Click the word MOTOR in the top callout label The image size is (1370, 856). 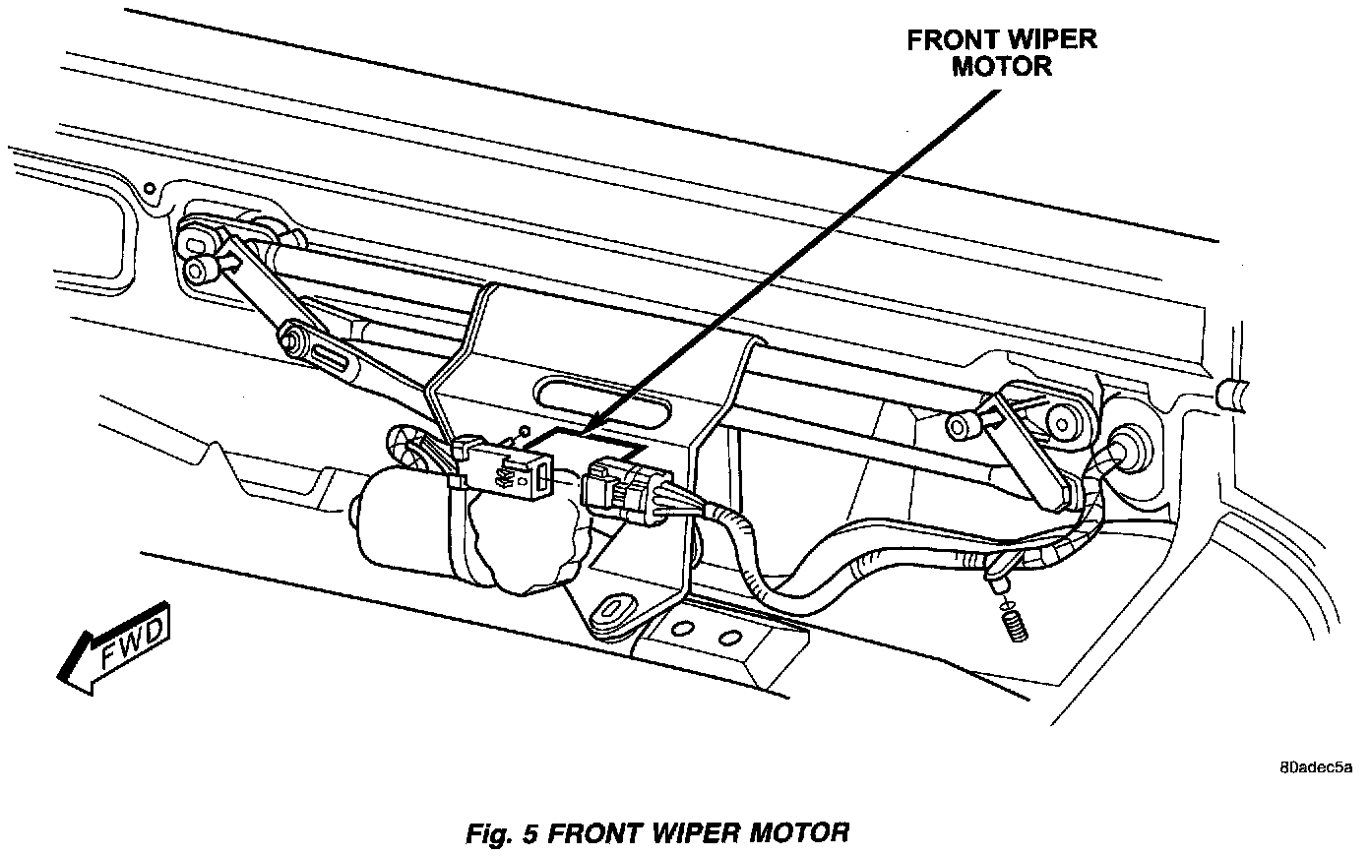click(1002, 67)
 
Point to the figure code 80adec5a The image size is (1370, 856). click(1317, 767)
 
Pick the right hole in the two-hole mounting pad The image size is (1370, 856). click(728, 638)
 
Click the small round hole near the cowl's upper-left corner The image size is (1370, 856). click(148, 187)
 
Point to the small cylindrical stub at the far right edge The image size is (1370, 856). click(1230, 396)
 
